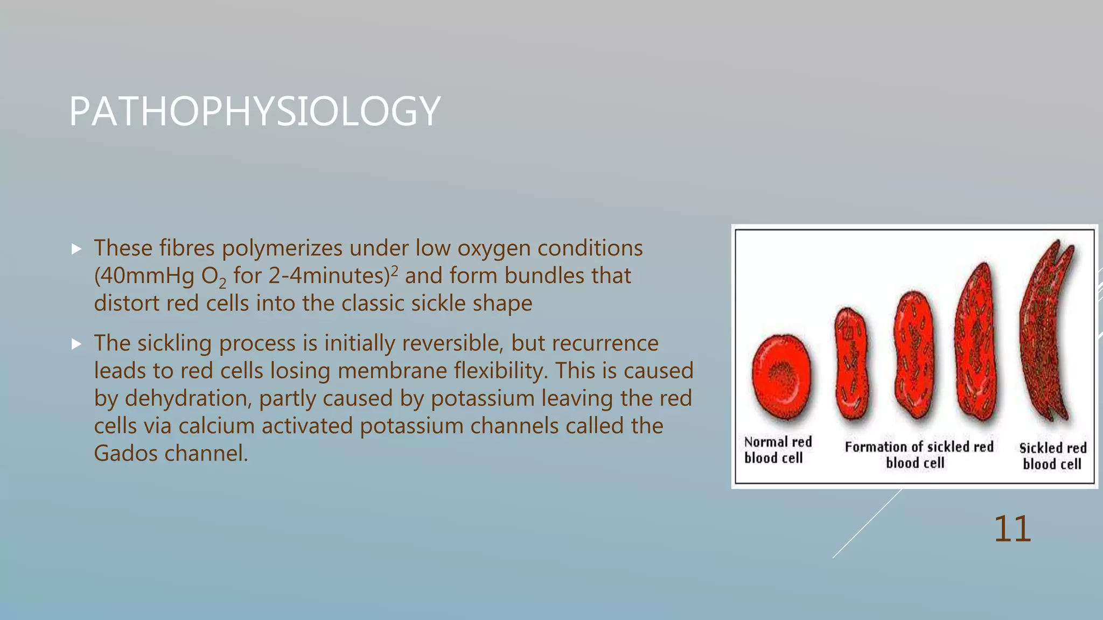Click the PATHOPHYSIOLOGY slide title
[x=255, y=111]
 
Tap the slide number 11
[x=1012, y=529]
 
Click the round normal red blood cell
[x=781, y=377]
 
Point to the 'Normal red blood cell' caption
[x=777, y=450]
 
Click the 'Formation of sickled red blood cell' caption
[x=918, y=455]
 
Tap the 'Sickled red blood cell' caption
[x=1052, y=456]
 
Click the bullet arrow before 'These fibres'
[x=76, y=249]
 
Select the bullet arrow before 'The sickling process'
[x=76, y=344]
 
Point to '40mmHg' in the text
[x=148, y=276]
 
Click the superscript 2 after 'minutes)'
[x=394, y=270]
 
